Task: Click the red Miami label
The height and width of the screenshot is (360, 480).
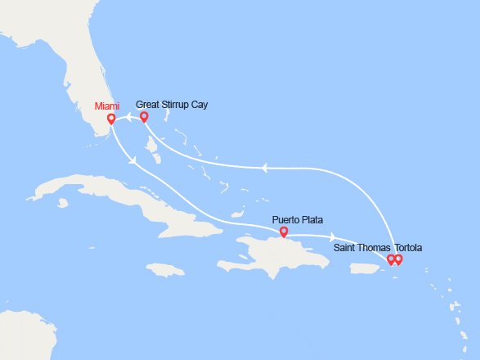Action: pos(105,105)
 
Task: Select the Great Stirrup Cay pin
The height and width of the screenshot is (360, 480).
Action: pos(144,117)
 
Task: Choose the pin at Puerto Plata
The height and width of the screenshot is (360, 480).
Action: pos(283,232)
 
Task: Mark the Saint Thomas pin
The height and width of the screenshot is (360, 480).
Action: pos(391,259)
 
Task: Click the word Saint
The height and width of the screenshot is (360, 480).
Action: pos(346,247)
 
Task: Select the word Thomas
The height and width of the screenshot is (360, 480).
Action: pos(375,247)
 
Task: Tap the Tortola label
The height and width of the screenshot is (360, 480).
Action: pos(410,247)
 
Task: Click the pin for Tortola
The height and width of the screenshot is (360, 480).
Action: pos(399,259)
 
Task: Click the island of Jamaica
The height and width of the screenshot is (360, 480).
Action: pos(168,268)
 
